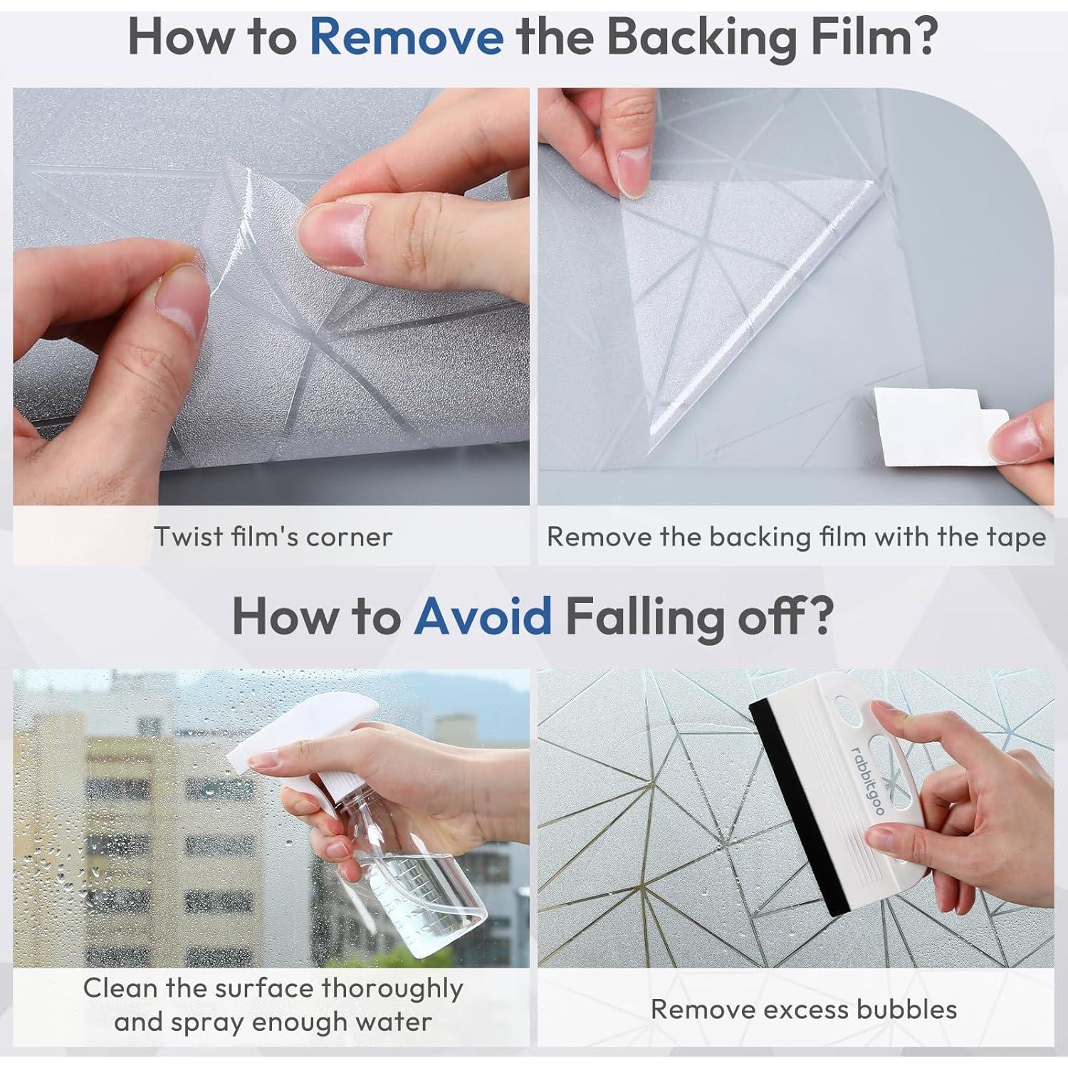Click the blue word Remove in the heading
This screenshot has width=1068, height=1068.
pyautogui.click(x=407, y=38)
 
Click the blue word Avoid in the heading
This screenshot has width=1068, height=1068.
pyautogui.click(x=483, y=616)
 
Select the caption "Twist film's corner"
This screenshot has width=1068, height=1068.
pyautogui.click(x=273, y=536)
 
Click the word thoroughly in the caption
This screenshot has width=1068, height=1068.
pyautogui.click(x=392, y=989)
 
